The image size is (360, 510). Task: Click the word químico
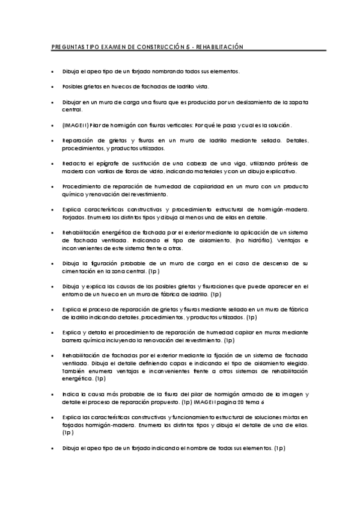[x=73, y=195]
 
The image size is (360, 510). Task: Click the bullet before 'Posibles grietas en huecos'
[x=53, y=87]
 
